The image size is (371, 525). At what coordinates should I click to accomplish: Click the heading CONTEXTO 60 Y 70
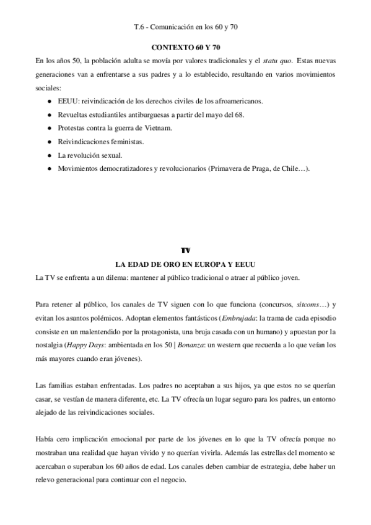tap(185, 47)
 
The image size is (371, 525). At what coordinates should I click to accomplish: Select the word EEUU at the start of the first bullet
tap(67, 100)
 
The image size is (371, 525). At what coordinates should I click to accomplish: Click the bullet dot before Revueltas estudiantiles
tap(49, 115)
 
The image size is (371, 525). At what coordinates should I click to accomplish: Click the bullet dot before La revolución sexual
tap(49, 155)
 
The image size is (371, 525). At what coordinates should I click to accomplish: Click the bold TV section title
tap(185, 251)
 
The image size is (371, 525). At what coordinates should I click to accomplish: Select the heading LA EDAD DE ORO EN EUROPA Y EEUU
tap(185, 264)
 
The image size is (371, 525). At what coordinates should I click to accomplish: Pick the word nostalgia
tap(49, 345)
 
